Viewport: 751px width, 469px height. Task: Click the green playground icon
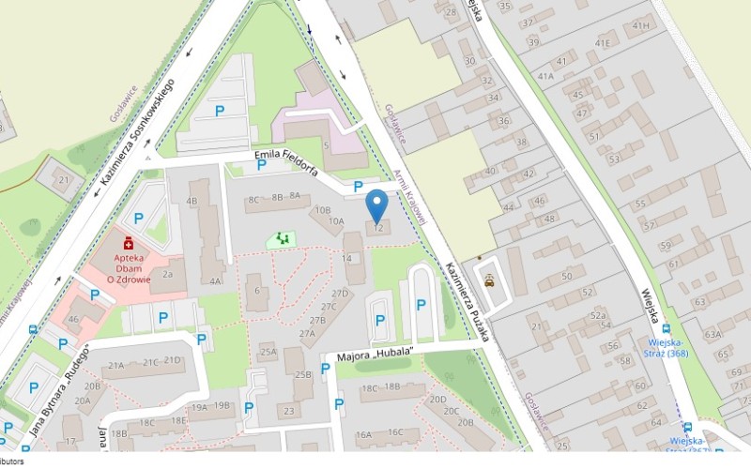coord(279,239)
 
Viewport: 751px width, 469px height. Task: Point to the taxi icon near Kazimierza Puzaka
coord(488,280)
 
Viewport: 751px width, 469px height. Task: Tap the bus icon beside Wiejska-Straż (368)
coord(666,329)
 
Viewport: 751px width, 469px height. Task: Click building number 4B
coord(192,201)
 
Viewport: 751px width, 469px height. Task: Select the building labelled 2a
coord(168,275)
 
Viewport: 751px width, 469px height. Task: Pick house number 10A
coord(336,222)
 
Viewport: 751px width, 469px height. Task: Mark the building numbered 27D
coord(340,294)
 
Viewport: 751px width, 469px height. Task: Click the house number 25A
coord(268,352)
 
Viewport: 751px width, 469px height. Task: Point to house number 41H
coord(641,25)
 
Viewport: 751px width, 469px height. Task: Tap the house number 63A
coord(713,334)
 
